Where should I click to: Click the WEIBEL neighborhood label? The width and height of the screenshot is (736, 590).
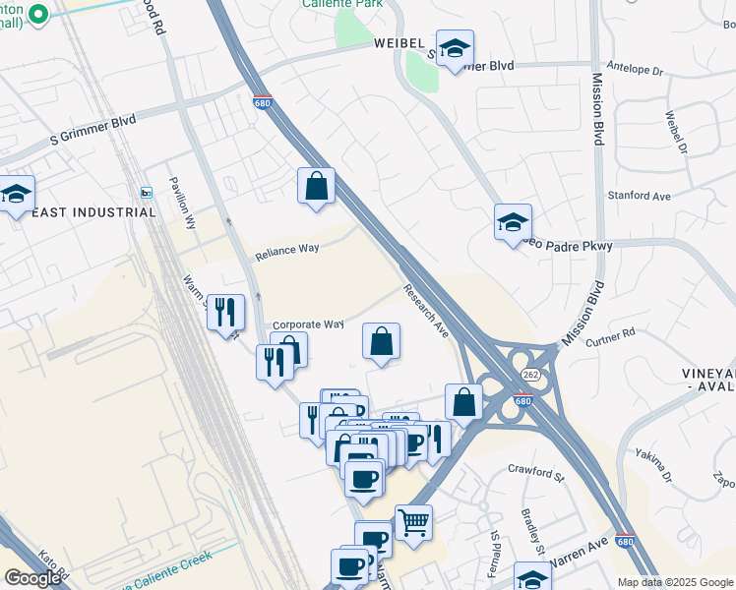pos(398,43)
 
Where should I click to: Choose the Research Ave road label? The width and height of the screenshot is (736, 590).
pos(426,311)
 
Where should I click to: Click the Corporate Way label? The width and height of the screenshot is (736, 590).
pos(308,324)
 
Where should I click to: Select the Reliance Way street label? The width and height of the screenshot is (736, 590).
pos(287,252)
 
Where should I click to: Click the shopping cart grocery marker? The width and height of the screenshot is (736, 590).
pos(414,522)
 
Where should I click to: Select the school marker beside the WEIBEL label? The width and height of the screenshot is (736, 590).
pos(455,48)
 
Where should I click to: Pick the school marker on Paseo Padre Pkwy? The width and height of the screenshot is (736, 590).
pos(513,222)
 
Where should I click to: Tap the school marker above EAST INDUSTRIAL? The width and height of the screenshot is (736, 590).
pos(17,194)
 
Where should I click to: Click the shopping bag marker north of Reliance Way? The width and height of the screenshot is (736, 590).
pos(316,186)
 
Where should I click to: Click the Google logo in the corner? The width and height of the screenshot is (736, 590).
pos(32,578)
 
